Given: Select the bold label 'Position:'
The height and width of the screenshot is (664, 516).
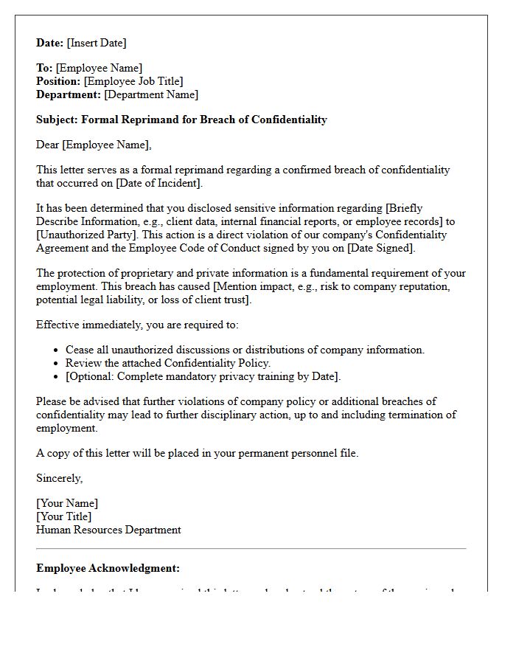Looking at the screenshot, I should tap(58, 81).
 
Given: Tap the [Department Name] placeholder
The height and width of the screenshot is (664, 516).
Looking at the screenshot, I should tap(151, 94).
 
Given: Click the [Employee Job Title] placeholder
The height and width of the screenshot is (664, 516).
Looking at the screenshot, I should tap(133, 81).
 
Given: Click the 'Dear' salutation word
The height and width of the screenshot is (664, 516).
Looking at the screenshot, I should tap(48, 145).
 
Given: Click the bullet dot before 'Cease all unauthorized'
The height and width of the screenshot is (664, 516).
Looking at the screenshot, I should tap(57, 350).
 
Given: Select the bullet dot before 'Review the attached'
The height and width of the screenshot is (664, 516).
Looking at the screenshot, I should tap(57, 364).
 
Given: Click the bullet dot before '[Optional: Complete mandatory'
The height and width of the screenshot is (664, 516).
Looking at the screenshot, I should tap(57, 377).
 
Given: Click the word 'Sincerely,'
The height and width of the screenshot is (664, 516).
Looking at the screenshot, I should tap(60, 478).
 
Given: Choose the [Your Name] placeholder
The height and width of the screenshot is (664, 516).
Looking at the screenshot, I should tap(67, 503).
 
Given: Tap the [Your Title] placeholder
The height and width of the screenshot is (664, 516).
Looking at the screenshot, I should tap(64, 516).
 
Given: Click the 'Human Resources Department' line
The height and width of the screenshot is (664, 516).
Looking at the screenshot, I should tap(108, 530).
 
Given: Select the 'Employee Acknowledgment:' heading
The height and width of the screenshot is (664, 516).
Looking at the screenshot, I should tap(108, 568).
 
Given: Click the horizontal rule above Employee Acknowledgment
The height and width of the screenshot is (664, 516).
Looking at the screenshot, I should tap(251, 549).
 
